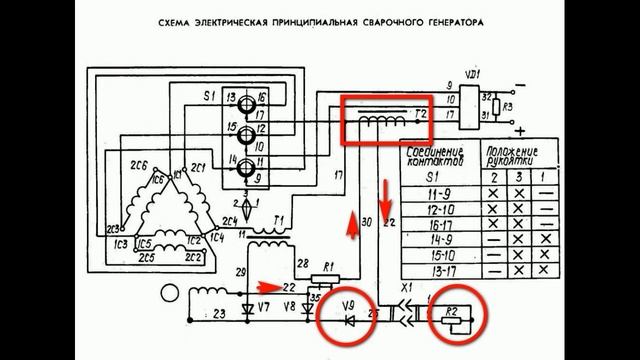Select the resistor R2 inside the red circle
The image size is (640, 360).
tap(456, 319)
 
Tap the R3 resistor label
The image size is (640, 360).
tap(507, 105)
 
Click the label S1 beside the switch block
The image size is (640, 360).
tap(208, 97)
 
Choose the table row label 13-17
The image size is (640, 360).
tap(437, 269)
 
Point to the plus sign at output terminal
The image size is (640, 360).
tap(520, 131)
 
